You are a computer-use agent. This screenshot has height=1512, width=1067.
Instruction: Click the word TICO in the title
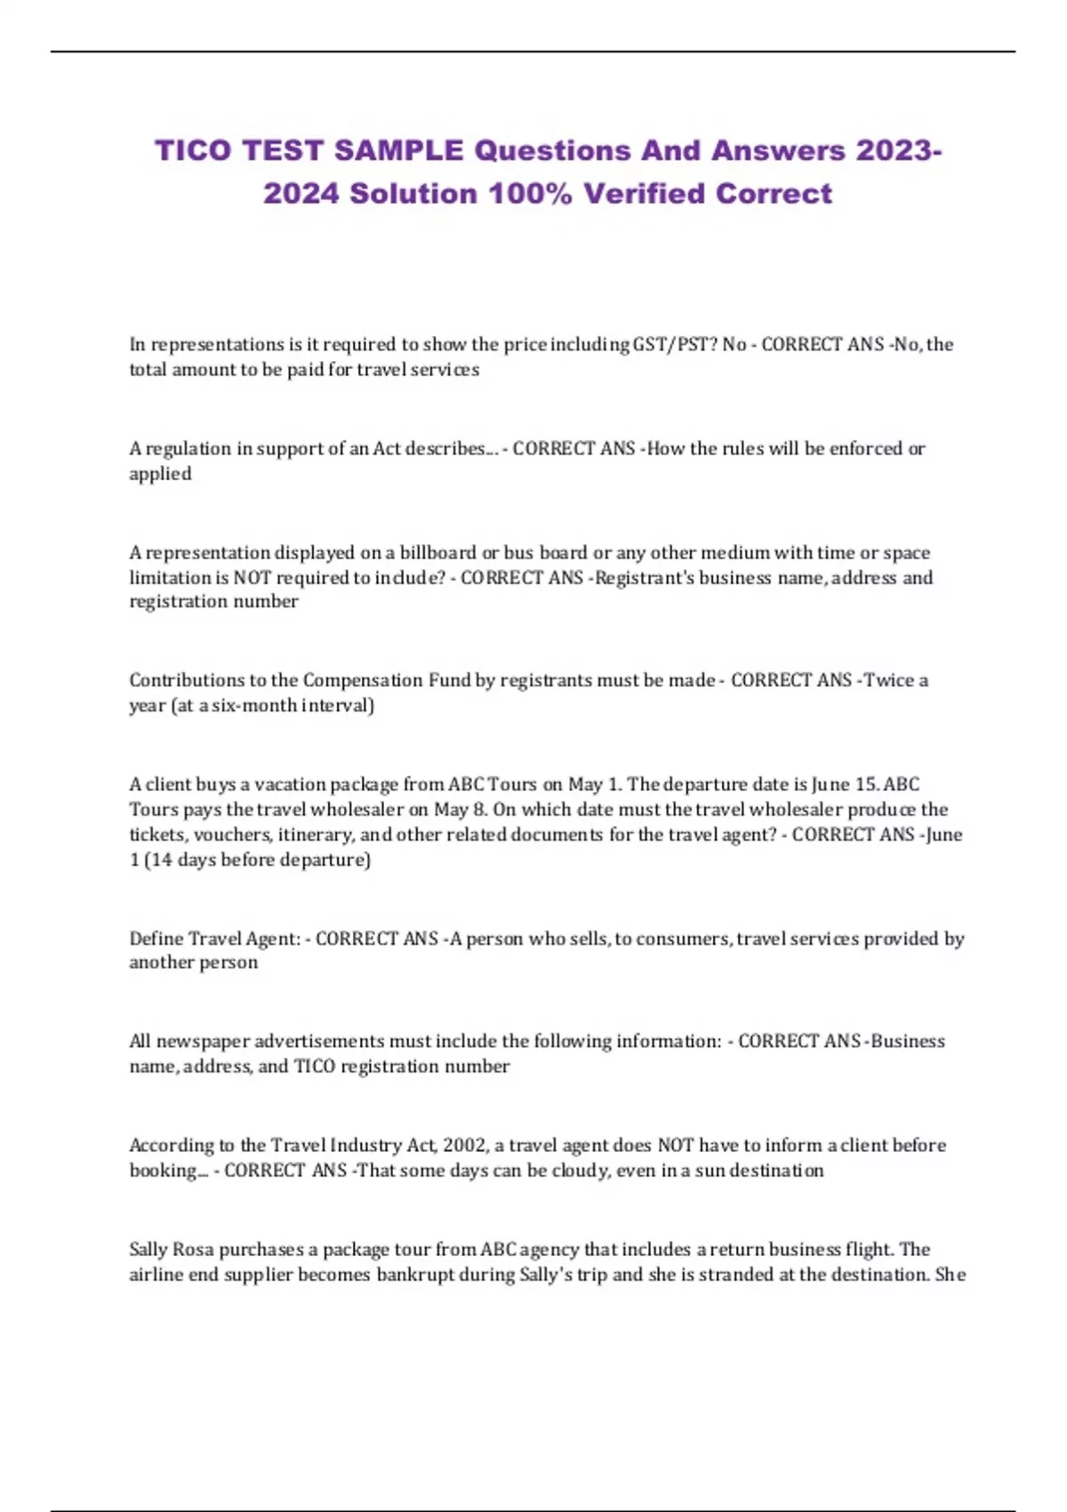(193, 150)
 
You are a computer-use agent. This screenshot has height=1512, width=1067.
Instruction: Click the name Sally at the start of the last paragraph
(148, 1250)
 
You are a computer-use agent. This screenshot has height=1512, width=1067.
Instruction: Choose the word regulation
(189, 449)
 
